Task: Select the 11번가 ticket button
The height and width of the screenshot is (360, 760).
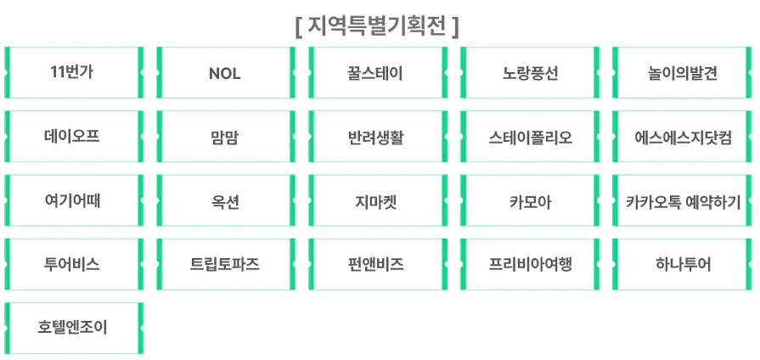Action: pyautogui.click(x=74, y=73)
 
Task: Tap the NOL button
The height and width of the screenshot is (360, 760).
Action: pyautogui.click(x=225, y=73)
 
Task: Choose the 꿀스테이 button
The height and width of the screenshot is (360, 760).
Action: pyautogui.click(x=377, y=73)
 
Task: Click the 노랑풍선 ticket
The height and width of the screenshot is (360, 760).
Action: pyautogui.click(x=530, y=73)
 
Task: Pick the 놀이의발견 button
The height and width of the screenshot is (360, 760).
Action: pyautogui.click(x=682, y=73)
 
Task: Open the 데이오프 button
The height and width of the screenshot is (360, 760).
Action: pyautogui.click(x=74, y=137)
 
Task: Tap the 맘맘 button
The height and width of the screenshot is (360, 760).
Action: pyautogui.click(x=225, y=137)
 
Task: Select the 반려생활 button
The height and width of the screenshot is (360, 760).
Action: pyautogui.click(x=377, y=137)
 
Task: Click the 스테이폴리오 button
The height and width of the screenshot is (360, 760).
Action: pyautogui.click(x=530, y=137)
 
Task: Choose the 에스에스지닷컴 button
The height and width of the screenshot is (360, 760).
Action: pyautogui.click(x=682, y=137)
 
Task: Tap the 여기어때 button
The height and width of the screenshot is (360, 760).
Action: pyautogui.click(x=74, y=200)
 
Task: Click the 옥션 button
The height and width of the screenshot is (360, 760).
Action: pyautogui.click(x=225, y=200)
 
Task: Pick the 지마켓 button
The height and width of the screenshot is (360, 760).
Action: pyautogui.click(x=377, y=200)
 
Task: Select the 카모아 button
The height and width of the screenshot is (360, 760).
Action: pyautogui.click(x=530, y=200)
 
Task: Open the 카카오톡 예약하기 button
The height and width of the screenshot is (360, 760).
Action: pyautogui.click(x=682, y=200)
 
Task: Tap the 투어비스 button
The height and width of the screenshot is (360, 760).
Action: pyautogui.click(x=74, y=264)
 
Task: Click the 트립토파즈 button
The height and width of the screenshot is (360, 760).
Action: pyautogui.click(x=225, y=264)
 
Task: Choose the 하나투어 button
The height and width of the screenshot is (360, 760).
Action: pyautogui.click(x=682, y=264)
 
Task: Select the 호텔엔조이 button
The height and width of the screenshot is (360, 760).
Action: pyautogui.click(x=74, y=328)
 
